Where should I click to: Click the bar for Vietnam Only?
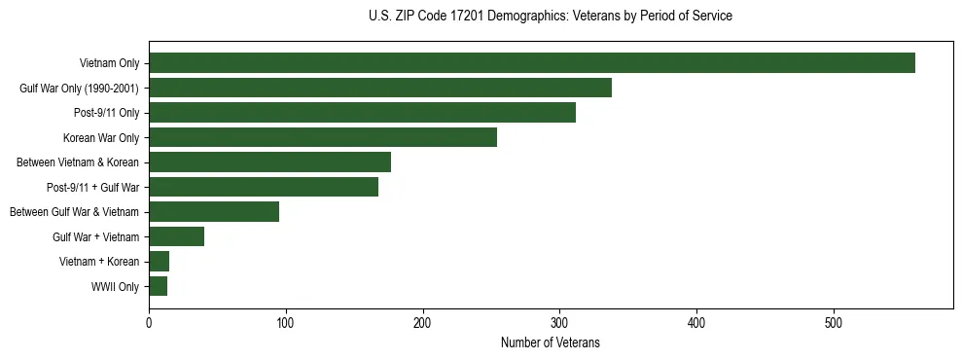(532, 63)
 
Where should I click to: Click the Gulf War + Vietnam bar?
(176, 236)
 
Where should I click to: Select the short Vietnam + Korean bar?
(159, 262)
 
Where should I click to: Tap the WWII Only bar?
(158, 286)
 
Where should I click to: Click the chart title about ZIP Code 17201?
(551, 17)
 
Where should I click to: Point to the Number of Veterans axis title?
(551, 343)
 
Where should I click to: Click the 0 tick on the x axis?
(149, 324)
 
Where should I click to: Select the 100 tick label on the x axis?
(286, 324)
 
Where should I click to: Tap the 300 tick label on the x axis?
(559, 324)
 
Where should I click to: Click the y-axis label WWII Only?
(115, 287)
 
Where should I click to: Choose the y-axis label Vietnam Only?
(109, 63)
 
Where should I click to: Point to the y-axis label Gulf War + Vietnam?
(95, 237)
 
